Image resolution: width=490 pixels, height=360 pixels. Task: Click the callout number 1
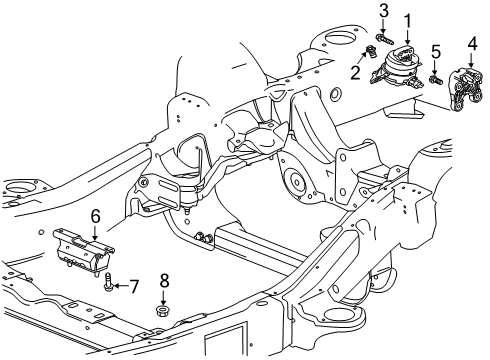click(408, 19)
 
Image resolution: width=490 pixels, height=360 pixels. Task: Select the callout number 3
click(383, 10)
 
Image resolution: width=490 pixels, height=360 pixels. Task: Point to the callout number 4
click(471, 44)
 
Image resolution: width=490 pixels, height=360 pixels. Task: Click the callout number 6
click(96, 214)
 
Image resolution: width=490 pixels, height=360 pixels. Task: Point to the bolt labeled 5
click(436, 79)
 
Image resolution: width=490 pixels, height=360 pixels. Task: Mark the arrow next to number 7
click(123, 288)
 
